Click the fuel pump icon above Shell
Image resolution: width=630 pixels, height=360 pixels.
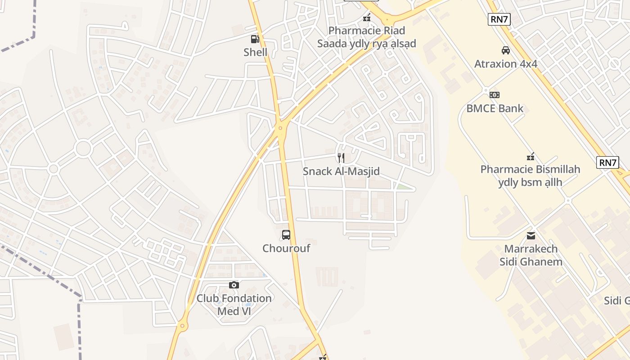click(255, 39)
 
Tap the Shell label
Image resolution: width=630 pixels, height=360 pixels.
click(255, 52)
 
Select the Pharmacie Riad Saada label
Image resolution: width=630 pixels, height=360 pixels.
click(367, 37)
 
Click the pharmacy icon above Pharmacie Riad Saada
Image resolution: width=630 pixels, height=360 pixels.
click(367, 18)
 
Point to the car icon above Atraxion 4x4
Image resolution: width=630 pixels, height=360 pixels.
click(506, 50)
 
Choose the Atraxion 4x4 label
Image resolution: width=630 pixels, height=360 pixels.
click(506, 63)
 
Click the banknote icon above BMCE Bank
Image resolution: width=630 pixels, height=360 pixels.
click(495, 94)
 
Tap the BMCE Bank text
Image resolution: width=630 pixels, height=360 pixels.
click(495, 108)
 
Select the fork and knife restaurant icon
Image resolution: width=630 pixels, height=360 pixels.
click(341, 157)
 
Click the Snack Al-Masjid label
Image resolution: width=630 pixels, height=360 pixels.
click(341, 171)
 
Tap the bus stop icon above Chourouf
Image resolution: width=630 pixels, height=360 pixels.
click(286, 234)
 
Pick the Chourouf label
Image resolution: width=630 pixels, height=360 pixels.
click(286, 248)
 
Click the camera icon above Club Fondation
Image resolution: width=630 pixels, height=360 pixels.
click(234, 285)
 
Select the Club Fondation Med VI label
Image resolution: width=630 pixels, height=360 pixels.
click(234, 305)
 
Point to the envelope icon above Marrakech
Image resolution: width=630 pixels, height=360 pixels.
click(531, 235)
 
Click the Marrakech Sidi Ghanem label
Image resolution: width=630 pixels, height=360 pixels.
click(531, 255)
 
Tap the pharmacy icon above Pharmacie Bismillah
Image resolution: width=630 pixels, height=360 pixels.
click(531, 157)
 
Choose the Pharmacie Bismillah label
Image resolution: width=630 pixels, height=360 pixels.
click(530, 175)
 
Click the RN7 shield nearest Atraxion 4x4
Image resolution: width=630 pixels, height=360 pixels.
click(499, 19)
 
